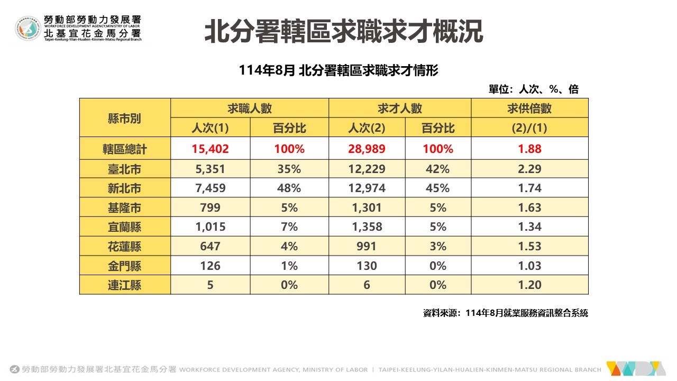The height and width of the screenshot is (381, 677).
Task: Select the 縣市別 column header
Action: (x=124, y=118)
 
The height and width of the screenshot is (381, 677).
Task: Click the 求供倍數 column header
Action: (x=529, y=108)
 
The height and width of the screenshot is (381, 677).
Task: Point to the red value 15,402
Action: (x=210, y=149)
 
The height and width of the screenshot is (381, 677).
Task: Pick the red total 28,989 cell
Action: (x=367, y=149)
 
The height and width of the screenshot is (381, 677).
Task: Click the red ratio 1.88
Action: (x=529, y=149)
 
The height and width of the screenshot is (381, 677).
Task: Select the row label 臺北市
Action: (x=124, y=169)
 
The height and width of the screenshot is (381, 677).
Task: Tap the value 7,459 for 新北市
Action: (x=210, y=188)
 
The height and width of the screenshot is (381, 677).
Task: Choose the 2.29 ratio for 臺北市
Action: (x=529, y=169)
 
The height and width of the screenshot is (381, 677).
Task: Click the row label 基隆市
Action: (x=124, y=207)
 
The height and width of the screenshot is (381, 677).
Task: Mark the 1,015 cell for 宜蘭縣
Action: (x=210, y=227)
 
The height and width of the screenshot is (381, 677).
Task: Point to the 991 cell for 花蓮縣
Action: (x=367, y=247)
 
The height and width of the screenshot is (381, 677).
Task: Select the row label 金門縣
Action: (x=124, y=266)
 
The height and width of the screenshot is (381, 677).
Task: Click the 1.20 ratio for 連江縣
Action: (x=529, y=285)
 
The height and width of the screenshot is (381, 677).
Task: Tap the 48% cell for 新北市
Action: (x=289, y=188)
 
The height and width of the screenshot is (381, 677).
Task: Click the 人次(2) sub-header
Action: (x=367, y=128)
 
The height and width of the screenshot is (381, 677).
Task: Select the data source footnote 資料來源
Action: (x=505, y=313)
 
